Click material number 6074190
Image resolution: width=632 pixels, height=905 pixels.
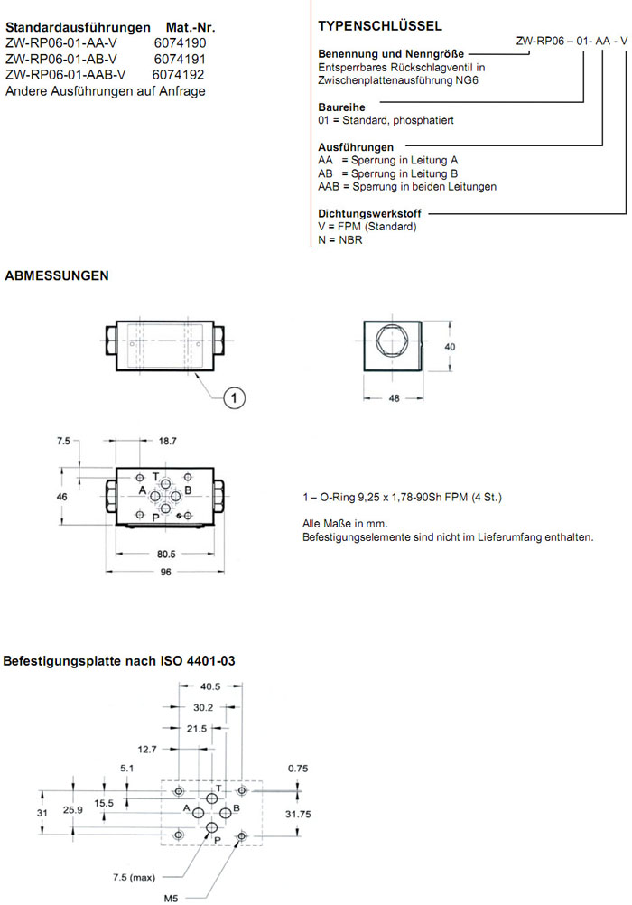181,42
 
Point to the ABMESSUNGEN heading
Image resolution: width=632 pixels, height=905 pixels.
58,275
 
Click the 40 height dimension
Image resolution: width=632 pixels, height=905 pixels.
451,345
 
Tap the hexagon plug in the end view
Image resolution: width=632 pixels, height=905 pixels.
393,345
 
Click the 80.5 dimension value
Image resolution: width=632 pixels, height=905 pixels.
164,554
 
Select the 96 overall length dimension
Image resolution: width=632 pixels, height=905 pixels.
164,572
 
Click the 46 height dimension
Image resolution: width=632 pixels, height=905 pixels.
62,497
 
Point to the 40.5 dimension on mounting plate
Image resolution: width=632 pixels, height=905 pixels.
211,686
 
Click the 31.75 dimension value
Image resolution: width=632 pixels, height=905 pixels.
298,813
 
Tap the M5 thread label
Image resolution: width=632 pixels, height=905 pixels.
171,898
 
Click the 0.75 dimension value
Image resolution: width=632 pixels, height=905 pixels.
298,768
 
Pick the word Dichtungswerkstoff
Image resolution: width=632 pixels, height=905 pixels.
371,214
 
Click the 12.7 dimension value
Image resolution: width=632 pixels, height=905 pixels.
147,748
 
